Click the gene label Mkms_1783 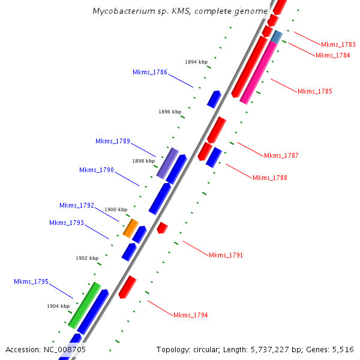tap(338, 44)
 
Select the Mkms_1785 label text tap(314, 91)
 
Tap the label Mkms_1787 tap(281, 156)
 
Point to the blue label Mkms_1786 tap(149, 72)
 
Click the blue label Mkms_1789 tap(112, 142)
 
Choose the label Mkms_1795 tap(31, 282)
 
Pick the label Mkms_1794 tap(190, 315)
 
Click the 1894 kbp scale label tap(196, 62)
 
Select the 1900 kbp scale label tap(116, 209)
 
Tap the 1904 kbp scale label tap(58, 306)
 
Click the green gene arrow tap(84, 305)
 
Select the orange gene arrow tap(130, 228)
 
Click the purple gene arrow tap(167, 163)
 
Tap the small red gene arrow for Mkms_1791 tap(162, 227)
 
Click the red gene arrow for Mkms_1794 tap(127, 287)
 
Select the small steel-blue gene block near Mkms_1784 tap(277, 37)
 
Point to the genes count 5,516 tap(342, 349)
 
